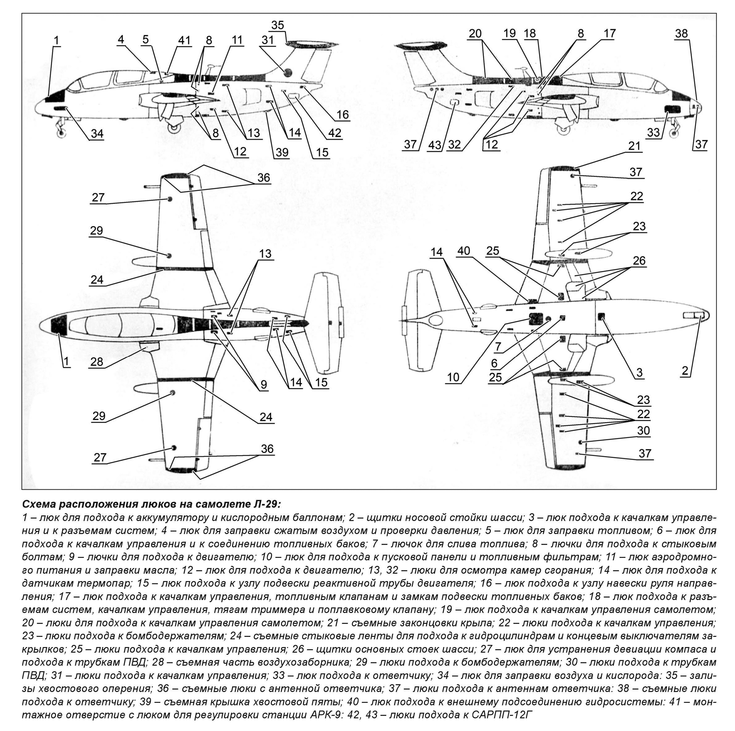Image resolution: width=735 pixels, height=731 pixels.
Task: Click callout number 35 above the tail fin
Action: (x=277, y=25)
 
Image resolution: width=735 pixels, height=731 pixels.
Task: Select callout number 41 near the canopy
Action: (x=184, y=40)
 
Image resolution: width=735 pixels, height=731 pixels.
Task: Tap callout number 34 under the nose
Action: (x=97, y=133)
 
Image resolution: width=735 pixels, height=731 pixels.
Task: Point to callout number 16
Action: (x=342, y=114)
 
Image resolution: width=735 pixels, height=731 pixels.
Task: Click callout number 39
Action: (x=282, y=152)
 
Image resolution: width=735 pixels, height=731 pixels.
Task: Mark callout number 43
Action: (x=435, y=145)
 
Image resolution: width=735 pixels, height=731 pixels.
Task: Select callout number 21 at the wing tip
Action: (x=634, y=146)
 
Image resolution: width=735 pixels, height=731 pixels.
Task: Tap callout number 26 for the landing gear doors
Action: (x=639, y=261)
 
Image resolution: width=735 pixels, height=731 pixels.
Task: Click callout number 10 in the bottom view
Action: (x=453, y=377)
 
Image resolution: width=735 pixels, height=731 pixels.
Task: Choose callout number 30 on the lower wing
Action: (x=643, y=431)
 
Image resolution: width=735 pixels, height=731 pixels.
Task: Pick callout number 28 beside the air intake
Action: (x=97, y=361)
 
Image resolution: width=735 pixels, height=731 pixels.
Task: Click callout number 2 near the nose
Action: (x=685, y=371)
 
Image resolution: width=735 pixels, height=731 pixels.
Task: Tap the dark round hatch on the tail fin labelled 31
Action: (x=288, y=71)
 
